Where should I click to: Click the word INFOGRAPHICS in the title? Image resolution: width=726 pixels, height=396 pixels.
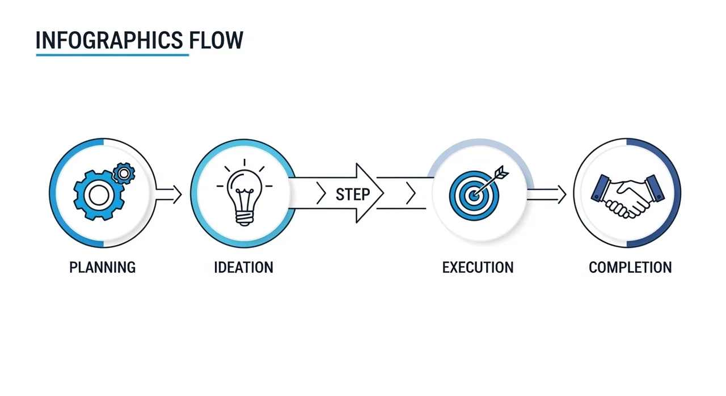pos(109,41)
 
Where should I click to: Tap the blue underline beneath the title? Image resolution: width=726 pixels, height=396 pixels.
pos(112,55)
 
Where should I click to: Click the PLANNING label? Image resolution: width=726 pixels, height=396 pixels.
pos(103,267)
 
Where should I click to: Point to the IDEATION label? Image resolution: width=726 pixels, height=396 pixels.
pos(243,267)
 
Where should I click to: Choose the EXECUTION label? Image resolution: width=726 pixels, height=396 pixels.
pos(478,267)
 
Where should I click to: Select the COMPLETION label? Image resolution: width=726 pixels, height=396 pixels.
pos(630,267)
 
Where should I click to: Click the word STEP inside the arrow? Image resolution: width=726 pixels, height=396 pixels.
pos(352,195)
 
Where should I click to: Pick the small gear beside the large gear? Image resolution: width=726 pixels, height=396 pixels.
pos(123,172)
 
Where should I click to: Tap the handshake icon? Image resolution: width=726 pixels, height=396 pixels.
pos(627,195)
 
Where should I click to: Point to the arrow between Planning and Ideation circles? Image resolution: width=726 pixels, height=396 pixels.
pos(169,195)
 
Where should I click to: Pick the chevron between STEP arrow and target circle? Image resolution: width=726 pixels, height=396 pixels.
pos(411,195)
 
